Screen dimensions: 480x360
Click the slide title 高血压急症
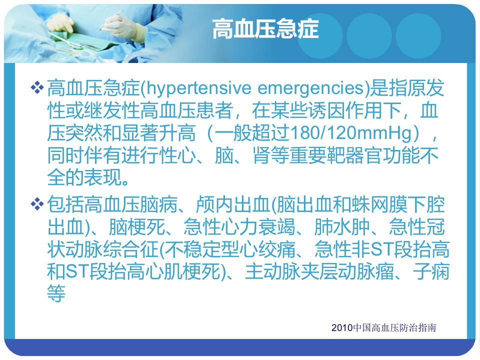[265, 29]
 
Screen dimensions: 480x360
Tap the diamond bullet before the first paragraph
[37, 87]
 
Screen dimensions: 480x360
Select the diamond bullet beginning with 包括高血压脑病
[37, 204]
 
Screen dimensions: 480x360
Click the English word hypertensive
[198, 88]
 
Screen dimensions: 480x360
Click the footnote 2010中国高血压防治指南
[383, 327]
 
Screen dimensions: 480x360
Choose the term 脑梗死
[137, 227]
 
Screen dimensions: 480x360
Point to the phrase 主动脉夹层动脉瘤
[319, 271]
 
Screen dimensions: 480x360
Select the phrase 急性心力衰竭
[239, 227]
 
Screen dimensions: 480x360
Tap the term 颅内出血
[233, 204]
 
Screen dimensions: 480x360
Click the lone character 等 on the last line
[56, 293]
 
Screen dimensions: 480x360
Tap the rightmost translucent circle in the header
[418, 36]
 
